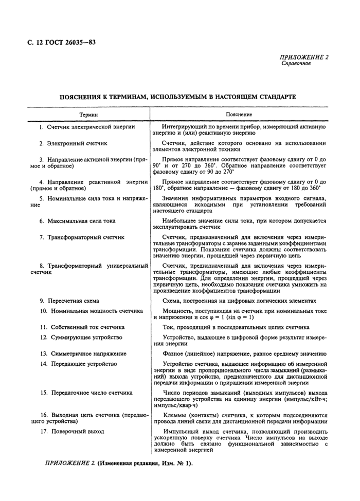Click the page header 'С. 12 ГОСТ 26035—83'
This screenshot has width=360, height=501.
61,42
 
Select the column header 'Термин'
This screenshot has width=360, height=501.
88,114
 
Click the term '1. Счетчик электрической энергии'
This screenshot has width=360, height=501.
87,126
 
